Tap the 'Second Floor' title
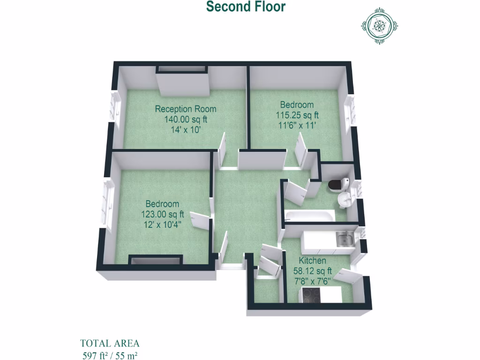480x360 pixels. tap(246, 7)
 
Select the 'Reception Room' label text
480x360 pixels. tap(186, 109)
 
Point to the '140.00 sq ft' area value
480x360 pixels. tap(186, 119)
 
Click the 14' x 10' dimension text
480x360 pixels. tap(186, 129)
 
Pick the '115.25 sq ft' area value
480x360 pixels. tap(297, 115)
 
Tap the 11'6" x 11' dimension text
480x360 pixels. tap(297, 125)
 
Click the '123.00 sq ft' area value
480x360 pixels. tap(162, 214)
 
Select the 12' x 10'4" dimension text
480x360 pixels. tap(162, 225)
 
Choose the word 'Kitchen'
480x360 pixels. tap(312, 261)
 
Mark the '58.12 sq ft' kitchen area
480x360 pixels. tap(312, 270)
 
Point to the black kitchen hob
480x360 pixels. tap(310, 295)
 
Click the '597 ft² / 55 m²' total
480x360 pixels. tap(110, 354)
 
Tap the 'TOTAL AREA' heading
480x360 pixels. tap(110, 343)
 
